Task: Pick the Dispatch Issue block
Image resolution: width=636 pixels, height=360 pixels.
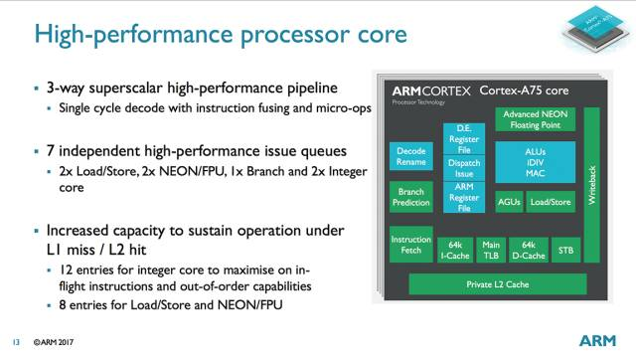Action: pos(464,168)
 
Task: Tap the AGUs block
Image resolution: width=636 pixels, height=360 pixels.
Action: pos(508,202)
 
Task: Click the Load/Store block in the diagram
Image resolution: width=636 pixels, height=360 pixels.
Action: pos(551,202)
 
